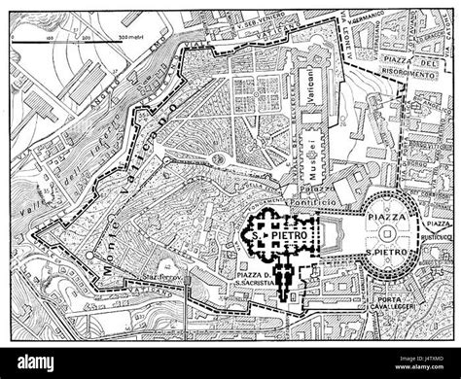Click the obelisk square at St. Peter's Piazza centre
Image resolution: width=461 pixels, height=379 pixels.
click(390, 233)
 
